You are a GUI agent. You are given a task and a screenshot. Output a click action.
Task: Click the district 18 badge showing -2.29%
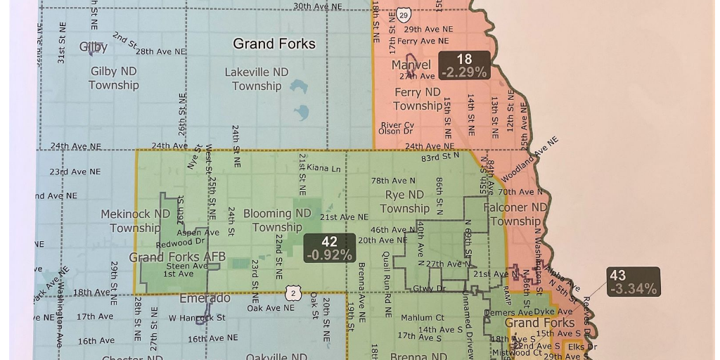(x=464, y=65)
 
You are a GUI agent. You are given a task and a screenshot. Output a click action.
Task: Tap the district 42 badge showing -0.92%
(x=329, y=249)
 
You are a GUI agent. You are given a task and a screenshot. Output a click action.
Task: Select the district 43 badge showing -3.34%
(x=634, y=282)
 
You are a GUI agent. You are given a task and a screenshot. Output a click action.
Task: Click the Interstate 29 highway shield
(x=403, y=15)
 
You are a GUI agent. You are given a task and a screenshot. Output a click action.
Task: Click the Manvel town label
(x=411, y=65)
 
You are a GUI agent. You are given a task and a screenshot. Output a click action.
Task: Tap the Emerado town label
(x=205, y=298)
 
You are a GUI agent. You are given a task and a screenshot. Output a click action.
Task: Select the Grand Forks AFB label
(x=177, y=257)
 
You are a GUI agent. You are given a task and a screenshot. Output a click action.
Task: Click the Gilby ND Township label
(x=113, y=78)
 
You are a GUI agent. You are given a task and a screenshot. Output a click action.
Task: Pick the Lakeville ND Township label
(x=257, y=79)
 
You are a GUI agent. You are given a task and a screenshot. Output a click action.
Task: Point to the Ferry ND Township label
(x=418, y=99)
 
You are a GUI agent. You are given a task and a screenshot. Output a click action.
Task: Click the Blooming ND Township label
(x=277, y=220)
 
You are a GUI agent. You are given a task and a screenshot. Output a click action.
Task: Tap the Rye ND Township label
(x=404, y=201)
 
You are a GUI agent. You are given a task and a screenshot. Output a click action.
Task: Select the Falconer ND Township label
(x=515, y=214)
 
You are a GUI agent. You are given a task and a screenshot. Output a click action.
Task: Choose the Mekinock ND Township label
(x=135, y=221)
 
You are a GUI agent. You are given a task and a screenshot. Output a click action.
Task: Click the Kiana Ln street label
(x=323, y=169)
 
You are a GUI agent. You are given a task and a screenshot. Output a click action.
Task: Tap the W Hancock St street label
(x=197, y=318)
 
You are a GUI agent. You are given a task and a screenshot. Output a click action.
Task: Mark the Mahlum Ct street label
(x=422, y=318)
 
